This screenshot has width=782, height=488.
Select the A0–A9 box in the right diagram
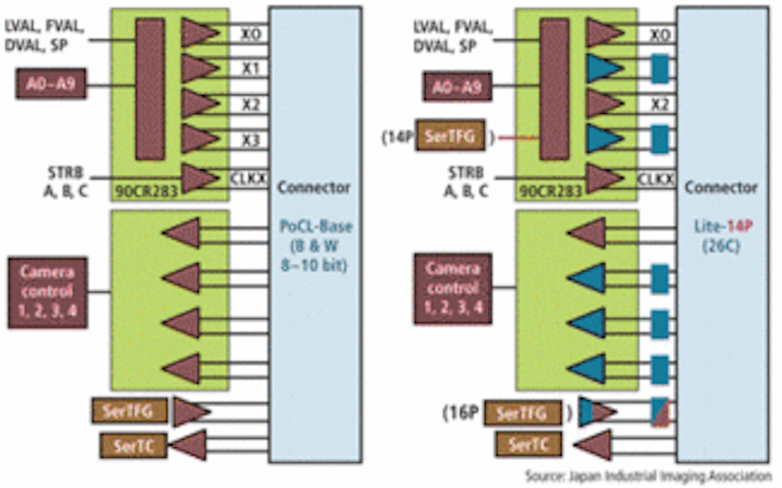[x=456, y=88]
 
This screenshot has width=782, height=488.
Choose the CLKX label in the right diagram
[x=655, y=179]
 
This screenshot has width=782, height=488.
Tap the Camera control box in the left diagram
[x=49, y=291]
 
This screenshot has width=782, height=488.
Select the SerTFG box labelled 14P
[x=451, y=135]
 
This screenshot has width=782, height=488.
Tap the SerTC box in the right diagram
[x=528, y=445]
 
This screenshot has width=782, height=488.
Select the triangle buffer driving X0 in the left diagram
[x=200, y=33]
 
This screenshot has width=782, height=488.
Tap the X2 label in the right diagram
[x=659, y=105]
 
